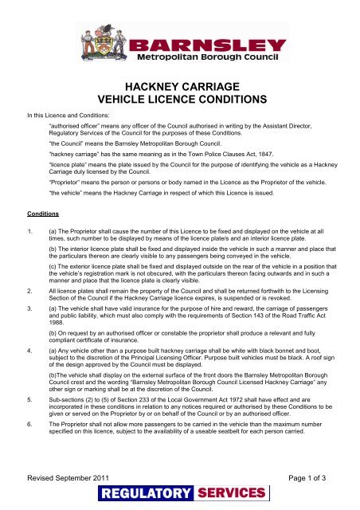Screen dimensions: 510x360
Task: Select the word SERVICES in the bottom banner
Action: [225, 498]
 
